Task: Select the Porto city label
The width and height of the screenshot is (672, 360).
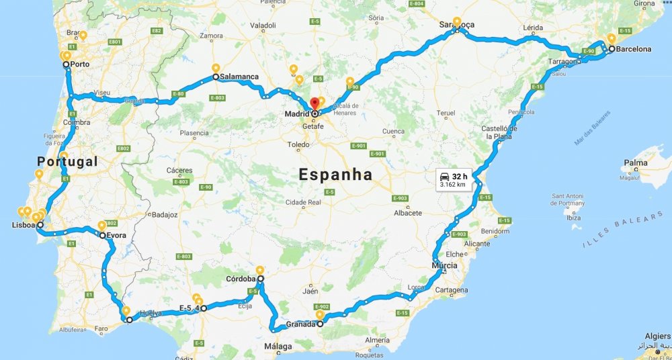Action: pyautogui.click(x=81, y=64)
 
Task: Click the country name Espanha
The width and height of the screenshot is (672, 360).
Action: pyautogui.click(x=335, y=175)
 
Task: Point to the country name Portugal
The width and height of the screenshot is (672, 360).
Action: pyautogui.click(x=67, y=162)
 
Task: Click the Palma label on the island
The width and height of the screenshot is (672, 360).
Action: pyautogui.click(x=635, y=163)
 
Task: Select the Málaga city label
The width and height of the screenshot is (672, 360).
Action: pyautogui.click(x=278, y=347)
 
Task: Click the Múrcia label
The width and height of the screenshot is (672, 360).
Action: pyautogui.click(x=445, y=265)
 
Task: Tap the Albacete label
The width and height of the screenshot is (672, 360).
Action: pyautogui.click(x=408, y=213)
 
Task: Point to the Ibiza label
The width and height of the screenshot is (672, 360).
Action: pyautogui.click(x=574, y=218)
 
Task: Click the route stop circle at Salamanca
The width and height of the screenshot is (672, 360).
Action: pyautogui.click(x=216, y=77)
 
